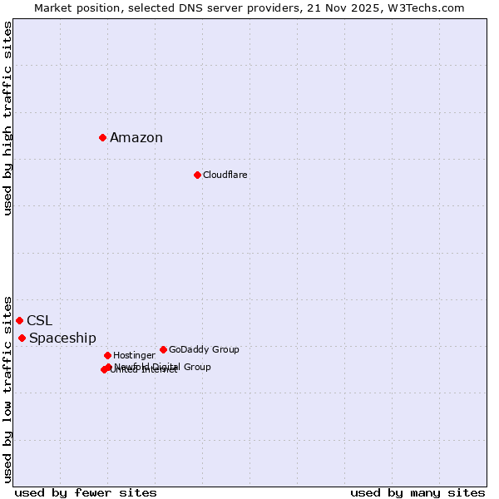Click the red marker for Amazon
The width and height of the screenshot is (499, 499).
[x=102, y=137]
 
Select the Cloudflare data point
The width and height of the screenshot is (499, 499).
[x=197, y=175]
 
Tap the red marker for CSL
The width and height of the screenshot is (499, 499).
[x=19, y=320]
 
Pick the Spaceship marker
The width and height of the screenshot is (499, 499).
[x=22, y=338]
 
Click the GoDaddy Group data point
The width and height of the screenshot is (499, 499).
[x=163, y=349]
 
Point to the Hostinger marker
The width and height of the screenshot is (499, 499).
[x=107, y=355]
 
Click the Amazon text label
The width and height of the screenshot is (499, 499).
[x=136, y=138]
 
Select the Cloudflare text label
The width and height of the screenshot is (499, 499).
[x=225, y=175]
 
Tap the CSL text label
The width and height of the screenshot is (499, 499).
[x=39, y=321]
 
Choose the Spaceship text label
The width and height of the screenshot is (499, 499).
[x=62, y=338]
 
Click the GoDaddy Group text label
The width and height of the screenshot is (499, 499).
[x=204, y=349]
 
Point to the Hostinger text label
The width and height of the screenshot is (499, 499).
[x=134, y=355]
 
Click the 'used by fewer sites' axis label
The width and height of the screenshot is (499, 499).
[x=86, y=492]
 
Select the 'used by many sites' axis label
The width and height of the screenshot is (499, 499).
[x=417, y=492]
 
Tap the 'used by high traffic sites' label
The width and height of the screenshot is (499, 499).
[x=8, y=118]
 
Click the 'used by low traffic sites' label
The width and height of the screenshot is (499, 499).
[x=8, y=388]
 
